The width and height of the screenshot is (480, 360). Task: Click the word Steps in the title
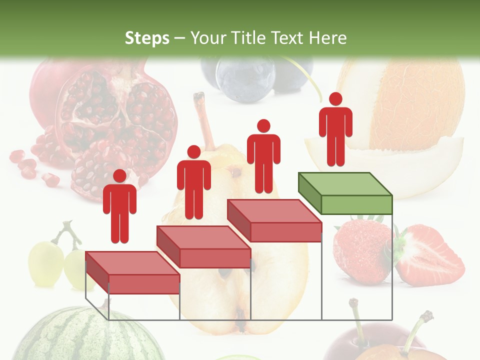coord(147,38)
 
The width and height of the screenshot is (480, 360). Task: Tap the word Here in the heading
coord(328,38)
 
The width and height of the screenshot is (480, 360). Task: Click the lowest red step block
coord(132,272)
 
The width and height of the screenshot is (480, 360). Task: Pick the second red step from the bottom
coord(203,247)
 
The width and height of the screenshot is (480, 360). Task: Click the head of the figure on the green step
coord(335,99)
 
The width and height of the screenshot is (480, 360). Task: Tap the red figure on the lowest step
coord(119,207)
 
